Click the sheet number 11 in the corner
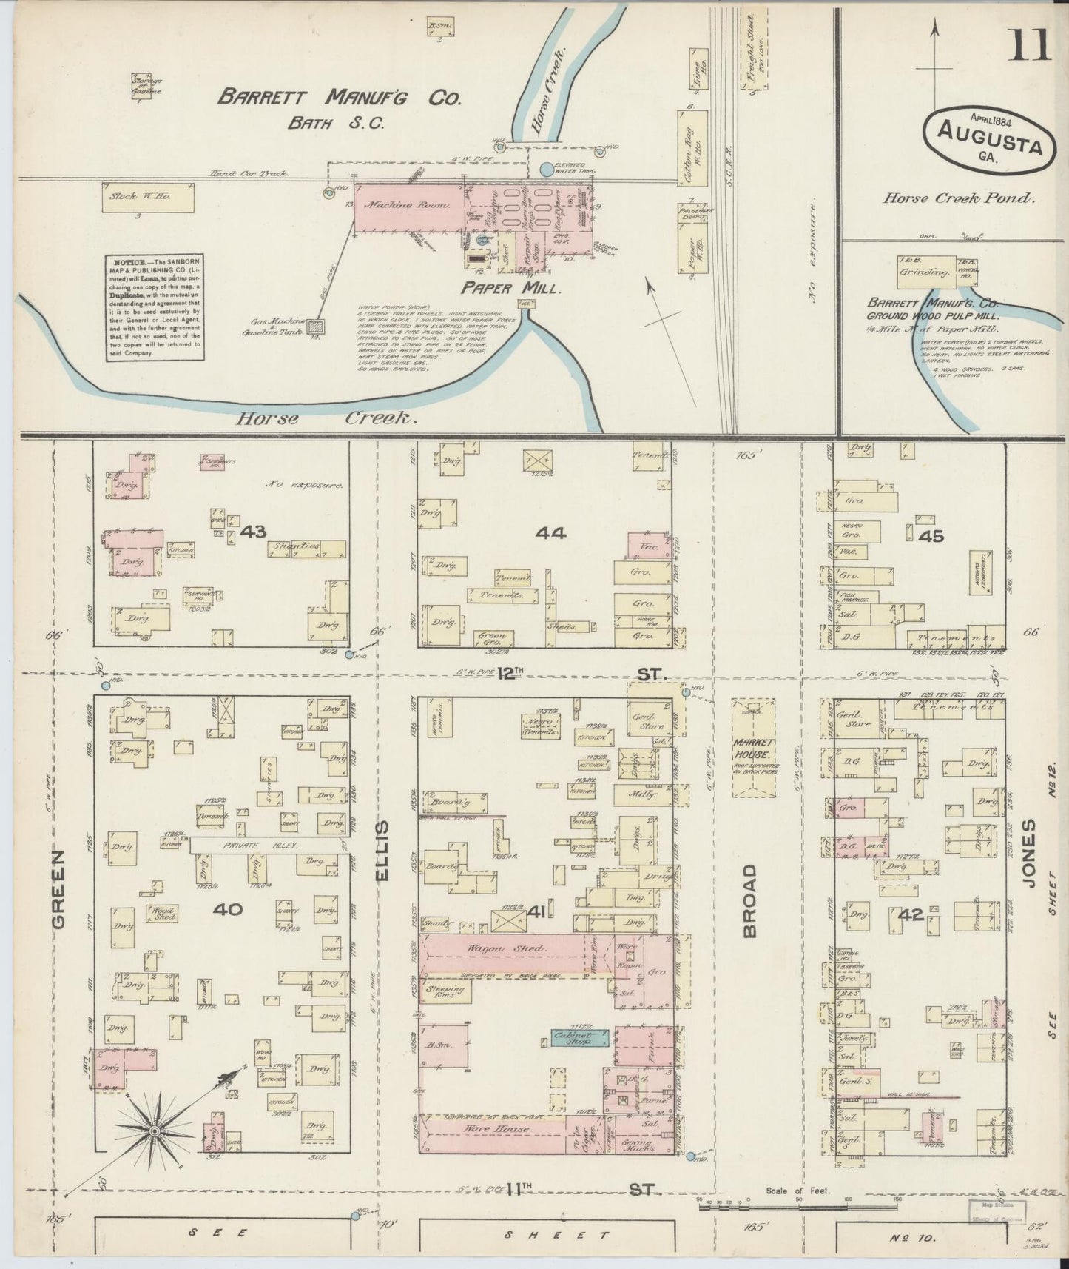1028,44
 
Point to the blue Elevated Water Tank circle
547,170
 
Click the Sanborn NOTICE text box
154,307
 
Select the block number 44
550,532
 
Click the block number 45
930,535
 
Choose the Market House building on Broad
754,747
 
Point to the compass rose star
154,1131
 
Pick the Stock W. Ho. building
150,198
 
